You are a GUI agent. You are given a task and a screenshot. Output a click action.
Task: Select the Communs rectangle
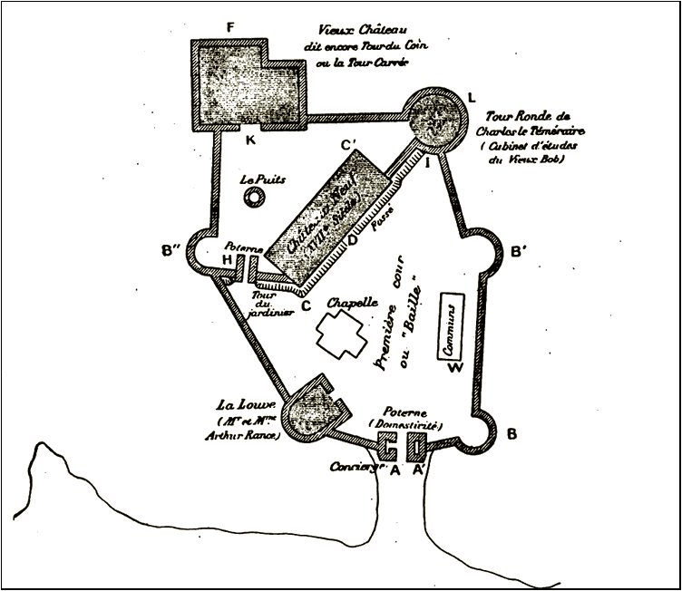pos(451,326)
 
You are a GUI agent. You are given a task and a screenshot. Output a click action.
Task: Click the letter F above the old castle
pos(229,28)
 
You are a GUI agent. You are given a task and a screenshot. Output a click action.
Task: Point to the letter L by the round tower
pos(471,96)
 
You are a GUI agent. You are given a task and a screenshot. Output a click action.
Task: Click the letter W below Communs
pos(455,366)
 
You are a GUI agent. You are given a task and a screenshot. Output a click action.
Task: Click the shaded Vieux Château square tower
pos(244,83)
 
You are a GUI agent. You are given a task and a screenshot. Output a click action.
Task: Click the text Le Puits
pos(263,179)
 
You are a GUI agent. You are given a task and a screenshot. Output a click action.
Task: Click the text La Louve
pos(239,404)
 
